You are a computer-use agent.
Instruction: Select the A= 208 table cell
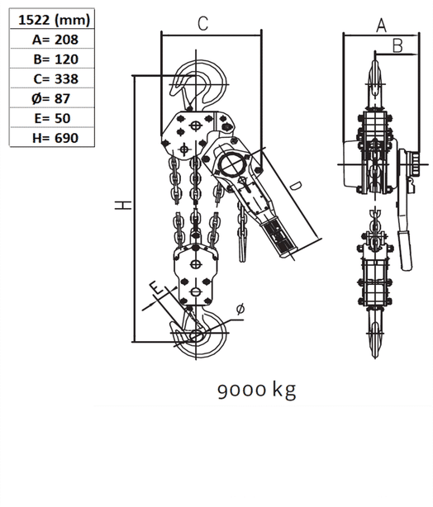54,40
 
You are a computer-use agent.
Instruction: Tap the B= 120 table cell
54,59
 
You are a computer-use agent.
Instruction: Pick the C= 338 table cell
54,79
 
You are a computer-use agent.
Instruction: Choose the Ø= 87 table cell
54,99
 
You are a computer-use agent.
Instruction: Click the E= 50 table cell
54,119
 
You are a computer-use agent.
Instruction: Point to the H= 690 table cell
54,139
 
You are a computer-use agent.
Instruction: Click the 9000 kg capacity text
256,389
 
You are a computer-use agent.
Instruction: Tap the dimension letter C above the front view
202,24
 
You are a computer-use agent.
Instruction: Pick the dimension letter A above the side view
381,26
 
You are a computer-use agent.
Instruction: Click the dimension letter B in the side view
397,46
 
